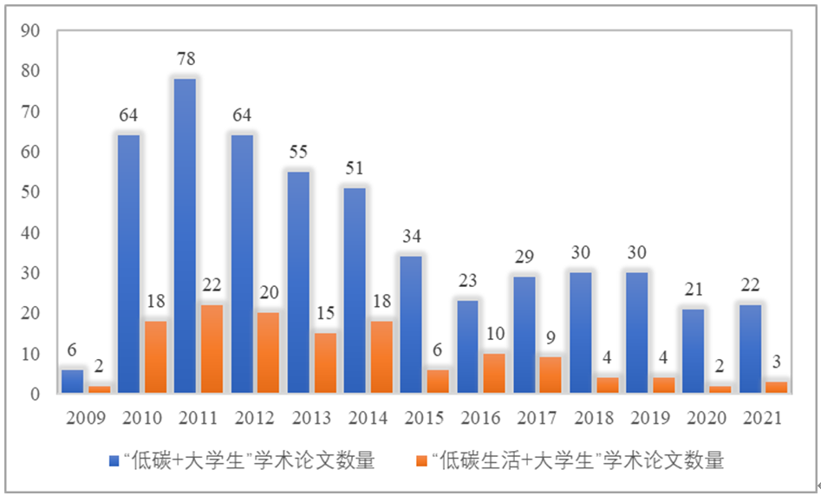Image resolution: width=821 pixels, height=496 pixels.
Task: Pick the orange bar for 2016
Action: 495,373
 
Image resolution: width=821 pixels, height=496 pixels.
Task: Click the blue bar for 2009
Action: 72,382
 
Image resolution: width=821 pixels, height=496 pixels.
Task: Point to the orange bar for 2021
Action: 777,388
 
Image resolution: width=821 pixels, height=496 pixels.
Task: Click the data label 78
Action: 186,59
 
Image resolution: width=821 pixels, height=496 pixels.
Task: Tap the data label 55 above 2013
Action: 297,152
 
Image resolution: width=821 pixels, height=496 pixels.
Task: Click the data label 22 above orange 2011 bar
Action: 212,286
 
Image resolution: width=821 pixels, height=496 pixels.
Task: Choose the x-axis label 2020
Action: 706,419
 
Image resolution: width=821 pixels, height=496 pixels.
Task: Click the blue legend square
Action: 114,460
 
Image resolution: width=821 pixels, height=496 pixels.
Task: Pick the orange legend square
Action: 422,460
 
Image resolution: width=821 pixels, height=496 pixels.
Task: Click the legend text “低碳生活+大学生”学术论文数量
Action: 577,460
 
